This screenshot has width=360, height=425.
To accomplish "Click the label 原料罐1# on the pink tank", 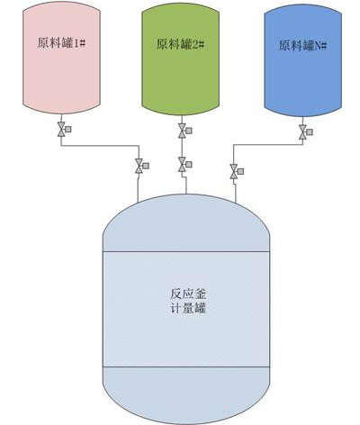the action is tap(61, 43).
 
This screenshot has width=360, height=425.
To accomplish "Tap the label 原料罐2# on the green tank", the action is tap(180, 44).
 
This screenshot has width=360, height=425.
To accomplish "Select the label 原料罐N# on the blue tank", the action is tap(302, 46).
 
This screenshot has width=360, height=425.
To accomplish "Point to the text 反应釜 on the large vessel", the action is tap(188, 294).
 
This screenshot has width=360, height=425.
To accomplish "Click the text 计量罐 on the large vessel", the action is tap(188, 308).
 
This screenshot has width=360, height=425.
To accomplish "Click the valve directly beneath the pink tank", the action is tap(61, 130).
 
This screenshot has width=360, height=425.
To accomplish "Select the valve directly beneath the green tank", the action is tap(182, 131).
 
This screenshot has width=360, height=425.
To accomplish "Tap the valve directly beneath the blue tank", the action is tap(302, 131).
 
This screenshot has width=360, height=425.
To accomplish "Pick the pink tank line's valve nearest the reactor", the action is tap(139, 166).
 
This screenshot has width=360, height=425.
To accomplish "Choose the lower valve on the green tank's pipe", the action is tap(182, 165).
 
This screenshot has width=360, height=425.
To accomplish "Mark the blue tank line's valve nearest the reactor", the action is tap(234, 171).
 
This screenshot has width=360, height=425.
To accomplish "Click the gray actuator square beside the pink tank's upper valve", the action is tap(68, 130).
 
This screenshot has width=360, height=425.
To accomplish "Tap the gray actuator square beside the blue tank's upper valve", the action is tap(310, 131).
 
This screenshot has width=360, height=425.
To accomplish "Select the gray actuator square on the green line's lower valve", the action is tap(189, 165).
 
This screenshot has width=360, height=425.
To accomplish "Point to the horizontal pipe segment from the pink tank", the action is tap(100, 146).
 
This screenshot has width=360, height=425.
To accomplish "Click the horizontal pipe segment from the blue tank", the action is tap(268, 145).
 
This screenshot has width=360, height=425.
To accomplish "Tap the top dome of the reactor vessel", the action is tap(186, 222).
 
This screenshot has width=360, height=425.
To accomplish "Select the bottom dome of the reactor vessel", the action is tap(186, 395).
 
